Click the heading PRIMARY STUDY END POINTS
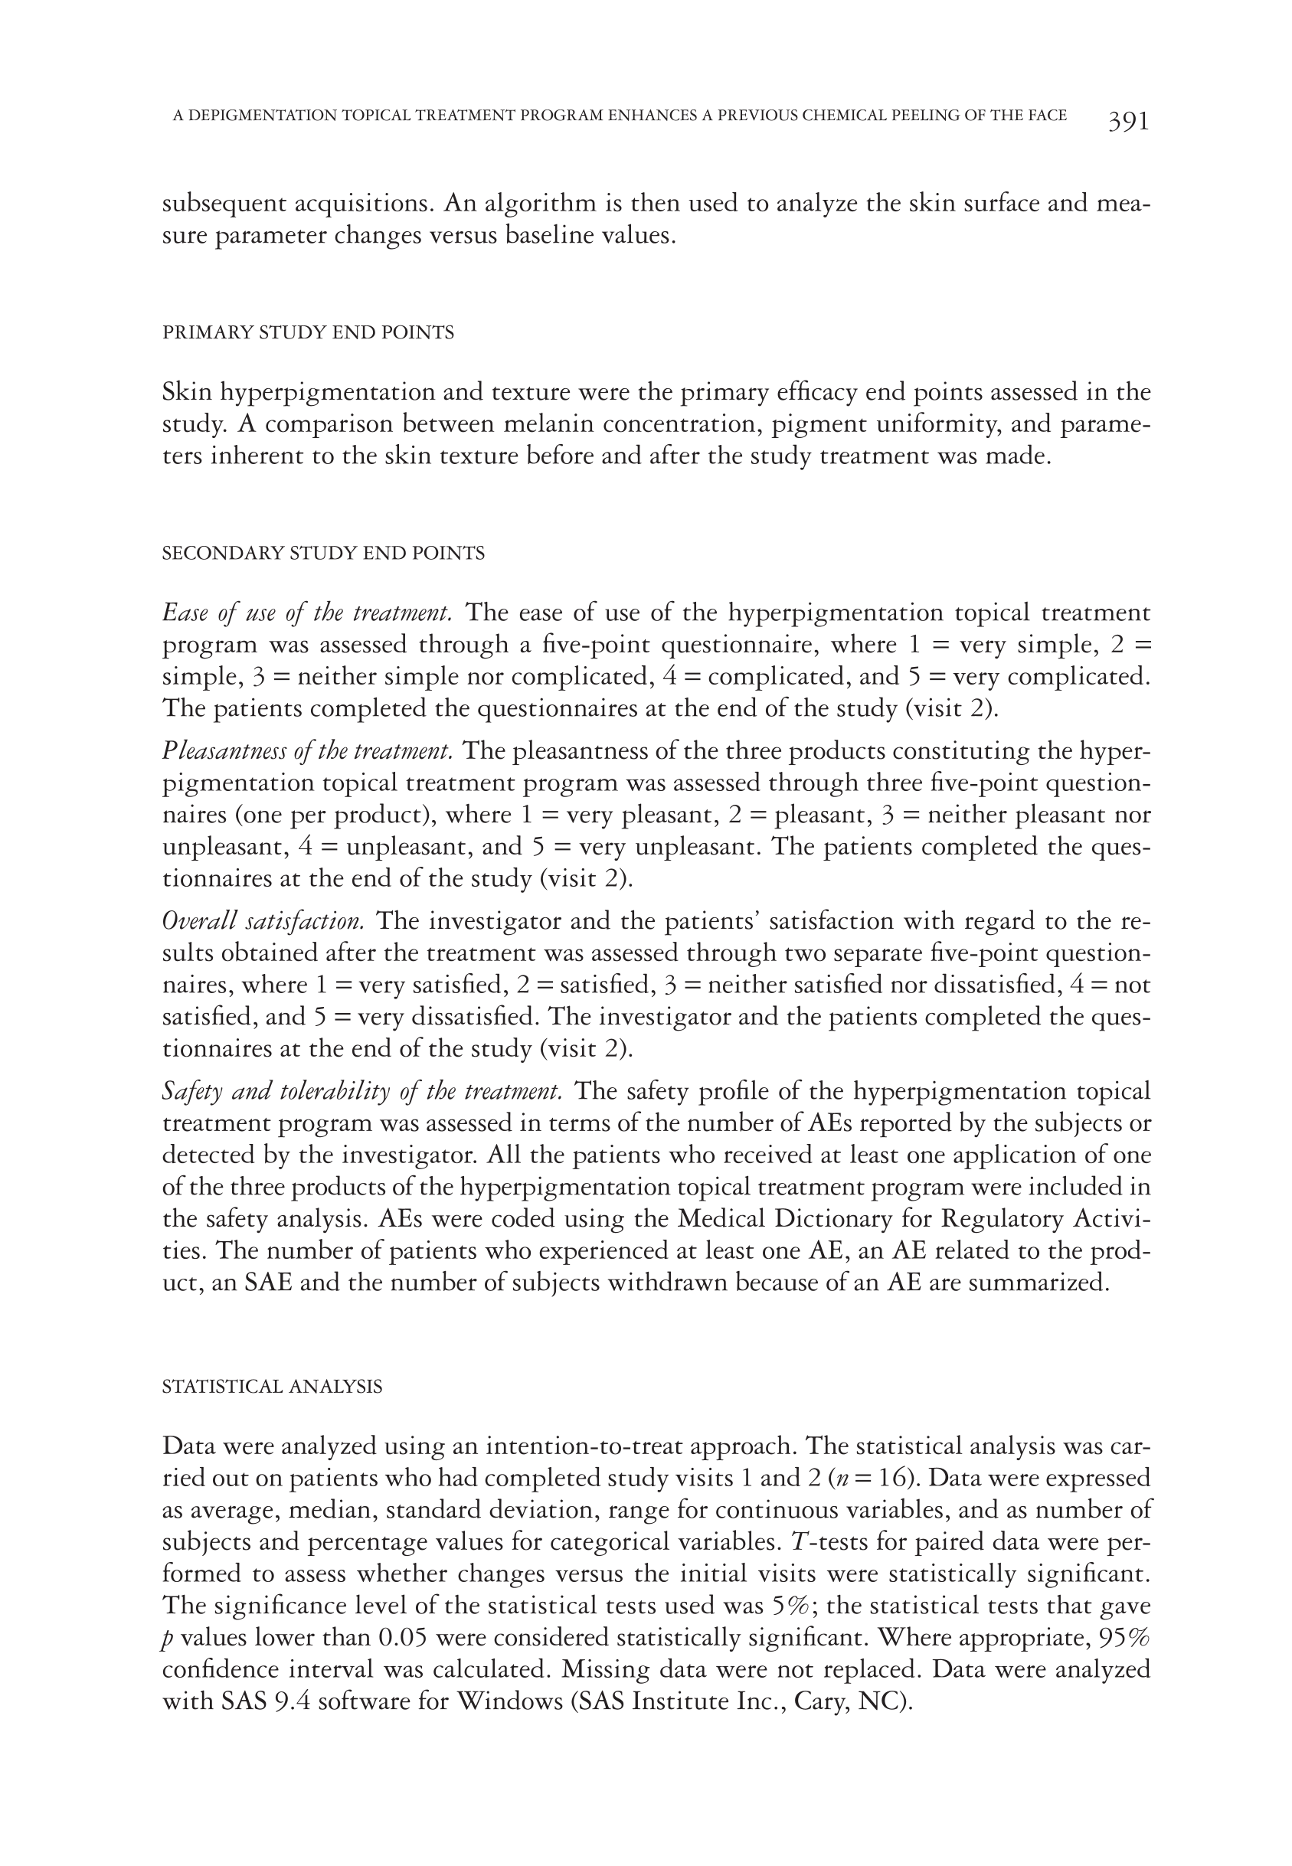[308, 332]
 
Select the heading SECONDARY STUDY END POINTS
[323, 554]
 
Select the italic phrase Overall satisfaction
[263, 921]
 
